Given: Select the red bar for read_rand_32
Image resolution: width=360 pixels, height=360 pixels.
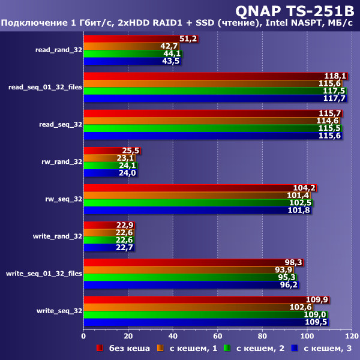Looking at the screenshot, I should pos(138,39).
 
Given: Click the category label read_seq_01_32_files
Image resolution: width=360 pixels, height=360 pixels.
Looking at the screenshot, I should pos(45,87).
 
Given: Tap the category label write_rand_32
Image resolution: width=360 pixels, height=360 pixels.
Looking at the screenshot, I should pos(58,236).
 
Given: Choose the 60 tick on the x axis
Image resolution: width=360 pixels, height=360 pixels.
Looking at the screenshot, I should pos(218,335).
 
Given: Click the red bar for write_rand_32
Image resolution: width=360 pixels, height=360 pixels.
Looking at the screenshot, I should pos(108,225).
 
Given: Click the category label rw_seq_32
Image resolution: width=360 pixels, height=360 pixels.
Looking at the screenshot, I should pos(64,199).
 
